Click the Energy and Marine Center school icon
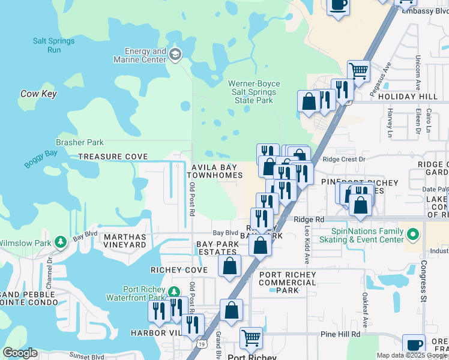[x=175, y=55]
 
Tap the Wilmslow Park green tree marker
[x=61, y=242]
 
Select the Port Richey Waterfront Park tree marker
[x=174, y=292]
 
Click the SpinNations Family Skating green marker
[x=412, y=233]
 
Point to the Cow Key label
[x=38, y=94]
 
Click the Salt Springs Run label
[x=54, y=45]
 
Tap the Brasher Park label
[x=80, y=143]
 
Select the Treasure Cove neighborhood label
[x=113, y=157]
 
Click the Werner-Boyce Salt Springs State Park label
[x=254, y=92]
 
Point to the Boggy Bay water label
[x=40, y=159]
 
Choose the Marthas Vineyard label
[x=125, y=241]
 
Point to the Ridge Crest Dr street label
[x=344, y=159]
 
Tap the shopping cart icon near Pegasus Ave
[x=358, y=71]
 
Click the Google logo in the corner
[x=20, y=353]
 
